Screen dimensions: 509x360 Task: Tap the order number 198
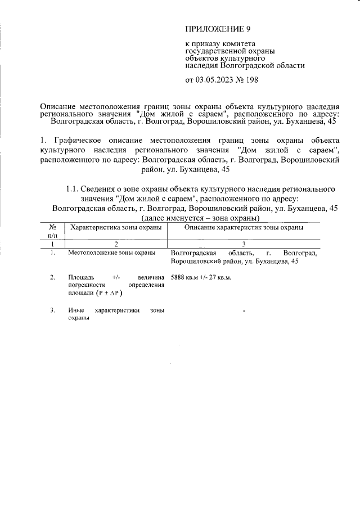coord(251,80)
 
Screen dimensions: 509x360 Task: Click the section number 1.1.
coord(73,189)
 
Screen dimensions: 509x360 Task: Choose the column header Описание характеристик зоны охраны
coord(244,228)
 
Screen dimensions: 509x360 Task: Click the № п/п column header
coord(52,232)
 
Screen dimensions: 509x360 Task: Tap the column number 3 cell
coord(244,244)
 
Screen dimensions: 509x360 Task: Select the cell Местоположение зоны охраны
coord(111,253)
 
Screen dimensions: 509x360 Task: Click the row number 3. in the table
coord(52,310)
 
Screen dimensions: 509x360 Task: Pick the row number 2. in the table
coord(52,277)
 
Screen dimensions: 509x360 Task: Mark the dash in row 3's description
coord(244,311)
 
